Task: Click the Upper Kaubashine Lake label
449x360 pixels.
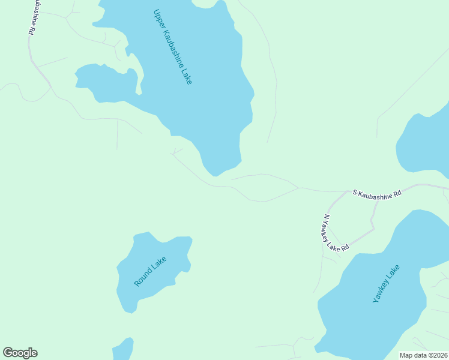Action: coord(173,46)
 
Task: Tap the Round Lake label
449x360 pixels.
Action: coord(150,271)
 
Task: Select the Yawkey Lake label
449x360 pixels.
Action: coord(385,283)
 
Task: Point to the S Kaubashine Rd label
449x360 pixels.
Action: coord(376,193)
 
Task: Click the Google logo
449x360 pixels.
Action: coord(20,353)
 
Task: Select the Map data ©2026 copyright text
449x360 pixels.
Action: coord(423,355)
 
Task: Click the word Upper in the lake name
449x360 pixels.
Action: coord(159,19)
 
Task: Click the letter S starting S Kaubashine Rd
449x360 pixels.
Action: coord(355,193)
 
